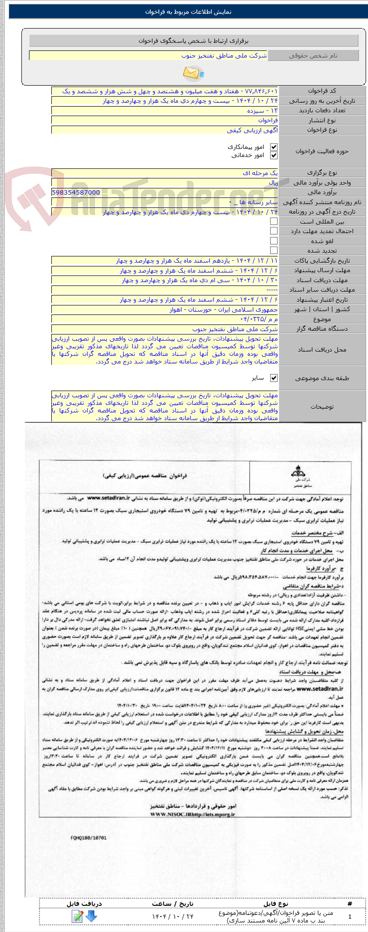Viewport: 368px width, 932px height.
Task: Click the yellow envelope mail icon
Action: coord(193,73)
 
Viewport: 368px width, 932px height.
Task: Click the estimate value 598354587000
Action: coord(76,193)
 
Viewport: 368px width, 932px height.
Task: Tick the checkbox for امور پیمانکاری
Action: coord(273,147)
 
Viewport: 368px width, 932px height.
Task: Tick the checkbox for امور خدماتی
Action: coord(273,156)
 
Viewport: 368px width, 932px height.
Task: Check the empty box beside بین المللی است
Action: coord(273,222)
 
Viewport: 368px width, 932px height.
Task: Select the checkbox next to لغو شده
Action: coord(273,241)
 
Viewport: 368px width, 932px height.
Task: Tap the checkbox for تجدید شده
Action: coord(273,251)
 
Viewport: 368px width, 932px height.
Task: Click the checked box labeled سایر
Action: coord(273,378)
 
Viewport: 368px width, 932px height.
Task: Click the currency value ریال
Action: coord(273,183)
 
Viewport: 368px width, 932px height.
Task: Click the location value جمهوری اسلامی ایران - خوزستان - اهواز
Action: coord(224,309)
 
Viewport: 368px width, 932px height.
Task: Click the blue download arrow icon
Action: coord(91,916)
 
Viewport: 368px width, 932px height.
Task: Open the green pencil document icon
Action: coord(77,916)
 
